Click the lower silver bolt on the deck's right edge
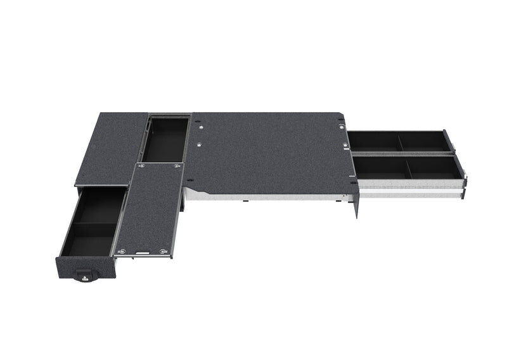345,146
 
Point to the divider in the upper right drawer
399,141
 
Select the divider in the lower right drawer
406,167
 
